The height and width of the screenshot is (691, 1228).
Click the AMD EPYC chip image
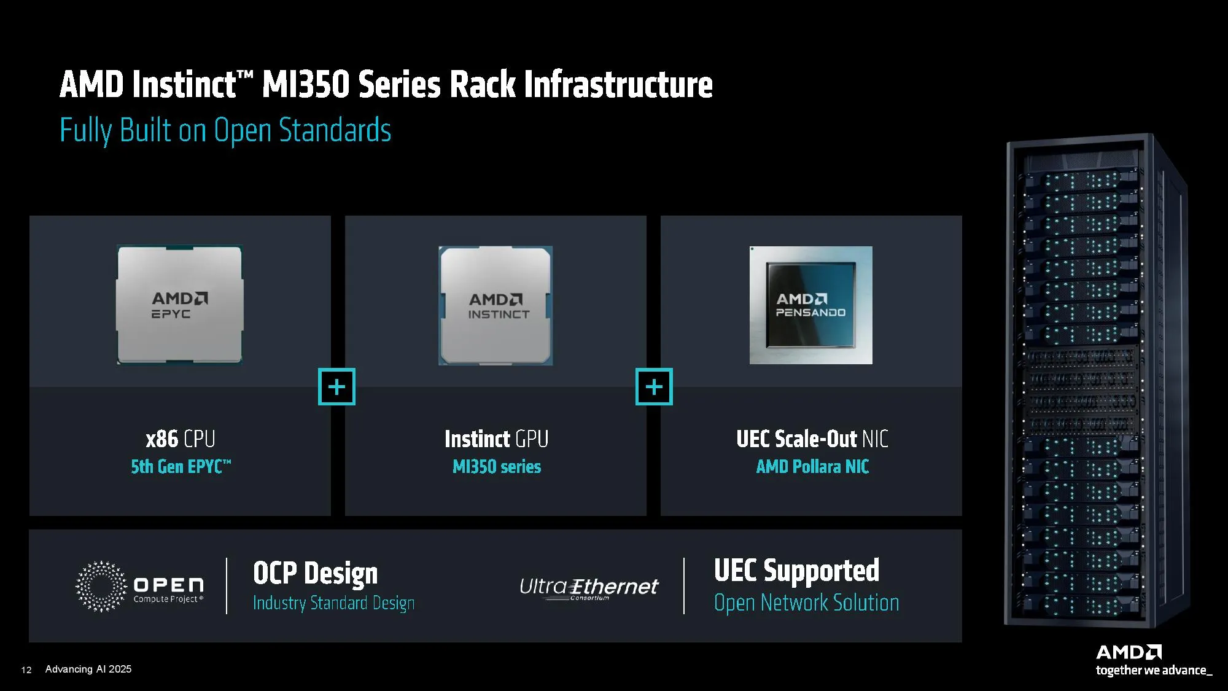tap(180, 305)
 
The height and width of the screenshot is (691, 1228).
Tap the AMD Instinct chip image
tap(495, 306)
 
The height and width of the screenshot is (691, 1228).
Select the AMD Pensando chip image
tap(810, 305)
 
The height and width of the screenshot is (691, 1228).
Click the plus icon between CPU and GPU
tap(336, 387)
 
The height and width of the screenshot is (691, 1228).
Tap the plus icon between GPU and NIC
tap(654, 387)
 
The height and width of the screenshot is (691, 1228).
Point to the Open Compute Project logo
tap(139, 587)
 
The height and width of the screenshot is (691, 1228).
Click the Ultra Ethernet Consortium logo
tap(589, 588)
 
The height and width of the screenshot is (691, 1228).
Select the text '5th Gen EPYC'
tap(181, 467)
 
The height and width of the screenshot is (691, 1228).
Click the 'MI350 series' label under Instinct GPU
tap(497, 467)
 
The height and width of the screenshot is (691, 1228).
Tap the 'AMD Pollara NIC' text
tap(812, 467)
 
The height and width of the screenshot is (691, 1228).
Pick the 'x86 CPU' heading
tap(181, 439)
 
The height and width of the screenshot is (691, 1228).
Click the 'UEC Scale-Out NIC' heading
tap(812, 439)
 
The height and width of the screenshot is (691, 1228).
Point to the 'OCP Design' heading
tap(316, 573)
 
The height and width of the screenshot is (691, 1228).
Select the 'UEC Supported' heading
tap(796, 571)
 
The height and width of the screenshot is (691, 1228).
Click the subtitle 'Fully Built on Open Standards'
tap(225, 130)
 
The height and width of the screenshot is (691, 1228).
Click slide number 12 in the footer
tap(26, 670)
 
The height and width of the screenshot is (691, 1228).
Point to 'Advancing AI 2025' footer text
tap(88, 669)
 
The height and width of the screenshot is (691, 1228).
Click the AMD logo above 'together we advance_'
tap(1129, 652)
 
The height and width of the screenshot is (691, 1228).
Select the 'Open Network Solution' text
tap(807, 603)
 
